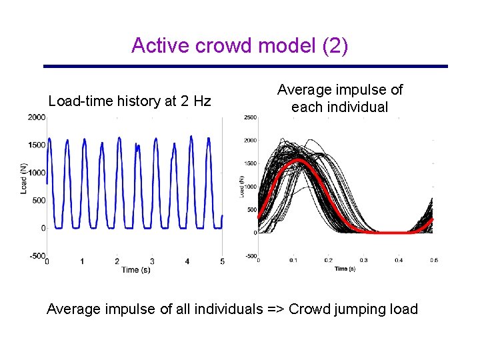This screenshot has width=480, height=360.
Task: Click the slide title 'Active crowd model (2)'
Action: (239, 45)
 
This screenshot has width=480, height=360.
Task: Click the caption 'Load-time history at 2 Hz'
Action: (129, 101)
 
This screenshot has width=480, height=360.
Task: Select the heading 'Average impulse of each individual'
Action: (340, 98)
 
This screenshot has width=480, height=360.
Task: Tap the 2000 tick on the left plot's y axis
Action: (37, 117)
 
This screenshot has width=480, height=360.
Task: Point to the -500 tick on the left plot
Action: (37, 256)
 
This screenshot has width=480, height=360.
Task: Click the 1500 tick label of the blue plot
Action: (37, 145)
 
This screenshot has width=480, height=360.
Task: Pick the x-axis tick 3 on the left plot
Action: (152, 261)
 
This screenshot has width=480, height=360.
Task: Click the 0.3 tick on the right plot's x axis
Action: (363, 261)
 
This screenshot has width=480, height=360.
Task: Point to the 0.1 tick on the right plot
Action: (293, 261)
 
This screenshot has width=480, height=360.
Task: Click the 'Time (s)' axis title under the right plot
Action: (346, 269)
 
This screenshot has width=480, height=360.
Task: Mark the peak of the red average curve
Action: (299, 161)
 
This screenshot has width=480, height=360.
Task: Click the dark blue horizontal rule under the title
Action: (245, 66)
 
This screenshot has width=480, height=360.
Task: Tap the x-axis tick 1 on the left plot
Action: (82, 261)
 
